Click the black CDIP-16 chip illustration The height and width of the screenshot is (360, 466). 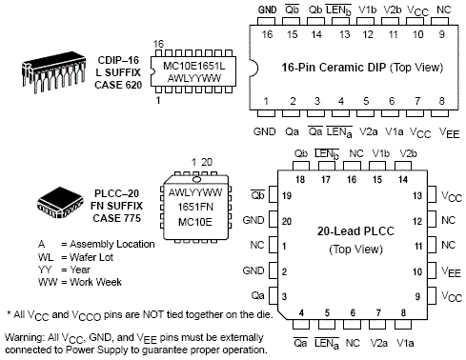pos(53,72)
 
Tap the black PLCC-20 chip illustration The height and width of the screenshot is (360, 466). pos(60,203)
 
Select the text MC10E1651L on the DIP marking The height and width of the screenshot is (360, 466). pos(193,66)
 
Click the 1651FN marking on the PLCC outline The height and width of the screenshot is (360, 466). pos(195,207)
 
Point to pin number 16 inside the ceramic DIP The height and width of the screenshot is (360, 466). pos(267,34)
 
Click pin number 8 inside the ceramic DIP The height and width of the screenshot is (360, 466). pos(441,101)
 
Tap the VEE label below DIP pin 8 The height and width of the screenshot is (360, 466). pos(449,132)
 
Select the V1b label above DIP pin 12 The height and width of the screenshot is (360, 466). pos(367,10)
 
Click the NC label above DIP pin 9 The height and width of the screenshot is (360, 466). pos(443,10)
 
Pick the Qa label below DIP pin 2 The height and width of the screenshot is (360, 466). pos(292,131)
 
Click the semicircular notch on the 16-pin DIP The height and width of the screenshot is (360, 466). pos(253,68)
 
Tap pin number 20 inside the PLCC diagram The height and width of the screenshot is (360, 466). pos(287,221)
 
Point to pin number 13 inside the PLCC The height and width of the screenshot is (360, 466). pos(417,195)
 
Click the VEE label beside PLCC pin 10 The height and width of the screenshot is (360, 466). pos(451,272)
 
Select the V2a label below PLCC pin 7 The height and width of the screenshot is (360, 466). pos(378,343)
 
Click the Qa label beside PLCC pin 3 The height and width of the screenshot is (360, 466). pos(257,295)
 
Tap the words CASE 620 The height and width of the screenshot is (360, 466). pos(118,85)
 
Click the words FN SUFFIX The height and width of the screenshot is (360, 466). pos(116,206)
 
